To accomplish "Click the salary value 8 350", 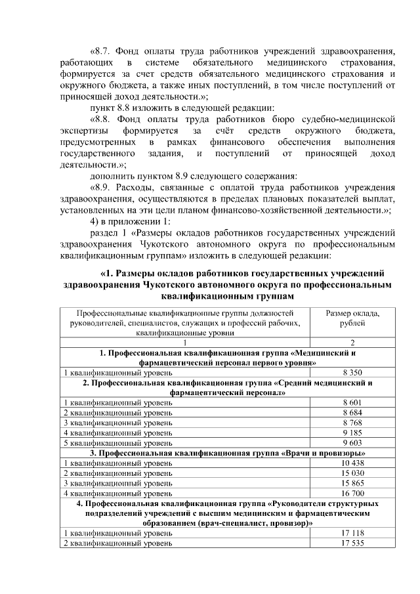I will coord(352,371).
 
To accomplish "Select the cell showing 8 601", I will coord(352,401).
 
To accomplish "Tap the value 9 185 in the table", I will coord(352,433).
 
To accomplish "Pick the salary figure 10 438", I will coord(352,463).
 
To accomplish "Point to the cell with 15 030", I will coord(352,473).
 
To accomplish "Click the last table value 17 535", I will coord(352,543).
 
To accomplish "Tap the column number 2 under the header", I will coord(352,343).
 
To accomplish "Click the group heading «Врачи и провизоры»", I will coord(324,453).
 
